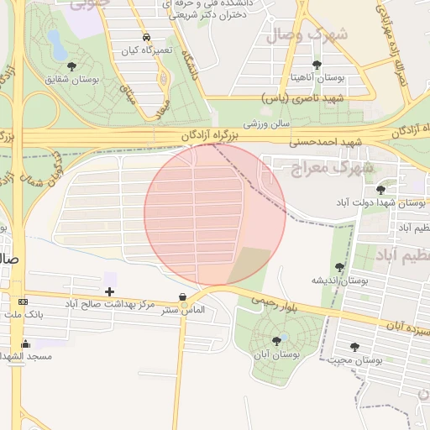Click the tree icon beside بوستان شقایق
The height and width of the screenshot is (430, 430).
pyautogui.click(x=70, y=66)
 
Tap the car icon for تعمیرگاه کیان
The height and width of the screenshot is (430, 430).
pyautogui.click(x=147, y=38)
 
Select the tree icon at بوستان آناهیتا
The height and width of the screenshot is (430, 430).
pyautogui.click(x=316, y=65)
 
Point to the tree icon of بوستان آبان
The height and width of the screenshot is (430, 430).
pyautogui.click(x=276, y=340)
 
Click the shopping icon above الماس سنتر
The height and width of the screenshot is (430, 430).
pyautogui.click(x=183, y=296)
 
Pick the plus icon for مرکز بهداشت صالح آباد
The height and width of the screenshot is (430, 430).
pyautogui.click(x=110, y=291)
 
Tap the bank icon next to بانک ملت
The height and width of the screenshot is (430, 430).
pyautogui.click(x=23, y=302)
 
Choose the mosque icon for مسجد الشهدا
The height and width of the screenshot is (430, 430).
pyautogui.click(x=25, y=343)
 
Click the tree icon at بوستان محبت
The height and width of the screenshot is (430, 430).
pyautogui.click(x=354, y=346)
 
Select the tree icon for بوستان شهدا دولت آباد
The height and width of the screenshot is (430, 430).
pyautogui.click(x=382, y=190)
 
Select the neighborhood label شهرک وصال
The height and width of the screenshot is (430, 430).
pyautogui.click(x=307, y=35)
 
